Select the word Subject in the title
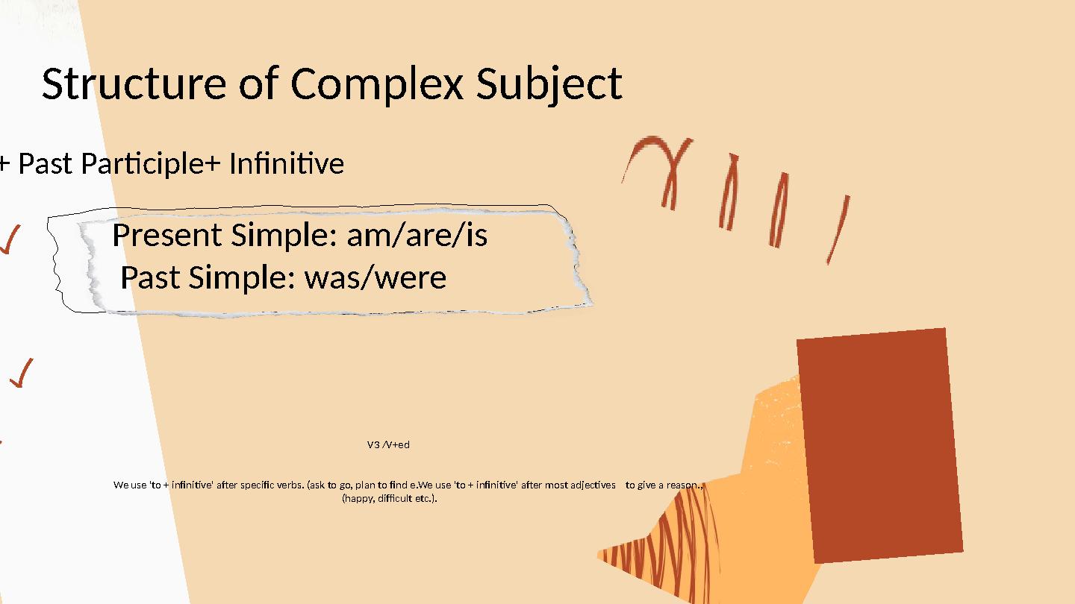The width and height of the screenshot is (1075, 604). pyautogui.click(x=549, y=84)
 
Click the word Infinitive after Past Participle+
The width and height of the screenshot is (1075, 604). pyautogui.click(x=286, y=163)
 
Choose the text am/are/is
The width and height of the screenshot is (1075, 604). pyautogui.click(x=417, y=236)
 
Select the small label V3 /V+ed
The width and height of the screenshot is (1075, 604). pyautogui.click(x=388, y=444)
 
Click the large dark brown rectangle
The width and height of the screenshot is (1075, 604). pyautogui.click(x=879, y=444)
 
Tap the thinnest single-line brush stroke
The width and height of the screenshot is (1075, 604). pyautogui.click(x=838, y=230)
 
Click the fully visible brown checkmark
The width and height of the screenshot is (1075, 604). pyautogui.click(x=22, y=373)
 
